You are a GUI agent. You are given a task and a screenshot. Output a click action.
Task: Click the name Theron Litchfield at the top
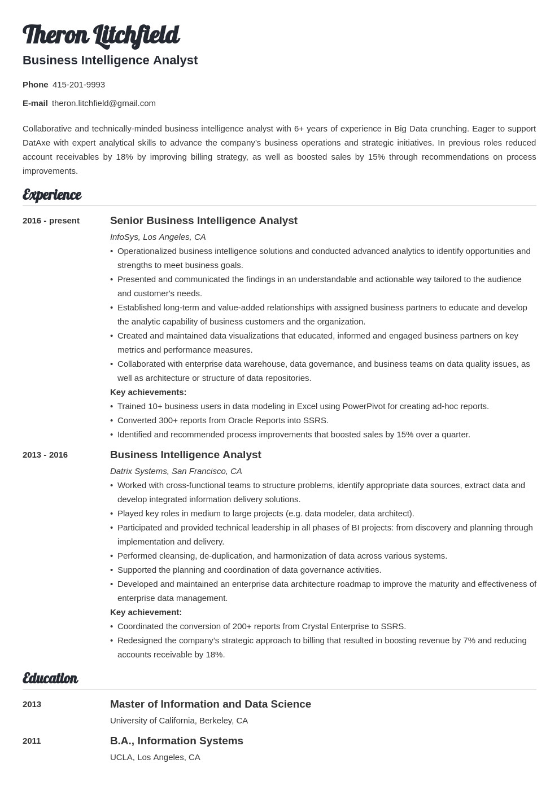click(x=101, y=35)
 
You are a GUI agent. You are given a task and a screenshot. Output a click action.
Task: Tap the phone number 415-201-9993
click(x=78, y=85)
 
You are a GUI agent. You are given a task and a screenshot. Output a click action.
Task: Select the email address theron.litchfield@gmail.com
click(x=104, y=103)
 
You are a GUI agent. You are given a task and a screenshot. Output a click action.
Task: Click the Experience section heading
click(x=52, y=195)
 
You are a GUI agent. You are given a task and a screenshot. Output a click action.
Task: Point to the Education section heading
click(x=50, y=678)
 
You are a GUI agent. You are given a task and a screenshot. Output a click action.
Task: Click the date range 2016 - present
click(x=51, y=221)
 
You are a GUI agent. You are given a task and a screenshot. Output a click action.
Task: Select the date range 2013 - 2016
click(x=45, y=455)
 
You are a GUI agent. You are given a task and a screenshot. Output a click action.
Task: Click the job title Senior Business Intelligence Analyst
click(x=203, y=221)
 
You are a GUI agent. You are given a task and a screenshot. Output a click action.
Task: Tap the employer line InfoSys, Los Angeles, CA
click(x=158, y=237)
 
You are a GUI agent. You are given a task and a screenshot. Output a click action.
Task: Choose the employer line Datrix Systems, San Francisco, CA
click(x=176, y=471)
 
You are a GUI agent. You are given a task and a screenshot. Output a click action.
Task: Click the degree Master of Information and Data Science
click(x=210, y=704)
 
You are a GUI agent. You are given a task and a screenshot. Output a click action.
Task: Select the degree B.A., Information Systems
click(x=176, y=741)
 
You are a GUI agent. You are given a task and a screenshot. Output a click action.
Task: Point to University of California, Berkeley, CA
click(x=178, y=721)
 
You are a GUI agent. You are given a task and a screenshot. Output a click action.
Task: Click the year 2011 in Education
click(x=32, y=741)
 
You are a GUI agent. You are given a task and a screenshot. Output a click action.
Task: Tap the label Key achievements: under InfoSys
click(x=148, y=392)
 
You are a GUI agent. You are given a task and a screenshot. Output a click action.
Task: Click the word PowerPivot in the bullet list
click(x=364, y=406)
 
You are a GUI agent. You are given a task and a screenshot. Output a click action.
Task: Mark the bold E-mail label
click(x=35, y=103)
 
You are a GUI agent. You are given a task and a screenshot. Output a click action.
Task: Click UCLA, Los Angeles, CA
click(x=155, y=757)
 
